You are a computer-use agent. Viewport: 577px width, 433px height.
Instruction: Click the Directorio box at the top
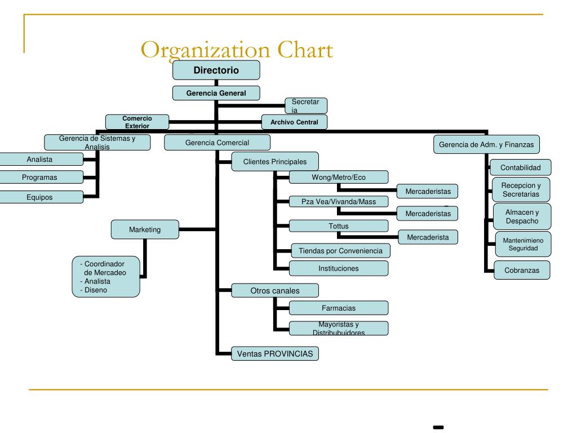[x=216, y=70]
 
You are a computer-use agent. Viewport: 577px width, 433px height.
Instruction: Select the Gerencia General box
[x=216, y=92]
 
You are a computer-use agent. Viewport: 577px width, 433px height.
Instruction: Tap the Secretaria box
[x=305, y=105]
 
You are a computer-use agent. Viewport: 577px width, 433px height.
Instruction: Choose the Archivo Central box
[x=294, y=122]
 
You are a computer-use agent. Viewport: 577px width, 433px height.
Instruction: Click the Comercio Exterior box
[x=137, y=122]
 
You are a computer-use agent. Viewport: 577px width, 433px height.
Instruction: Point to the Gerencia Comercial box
[x=217, y=143]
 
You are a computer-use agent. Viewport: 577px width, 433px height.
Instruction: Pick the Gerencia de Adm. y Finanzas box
[x=486, y=144]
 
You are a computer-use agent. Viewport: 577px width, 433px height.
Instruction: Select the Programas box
[x=39, y=178]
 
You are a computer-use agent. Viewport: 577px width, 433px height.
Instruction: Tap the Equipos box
[x=39, y=197]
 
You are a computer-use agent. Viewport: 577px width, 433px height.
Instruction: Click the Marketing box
[x=145, y=229]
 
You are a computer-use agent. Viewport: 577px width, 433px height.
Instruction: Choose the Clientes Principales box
[x=275, y=162]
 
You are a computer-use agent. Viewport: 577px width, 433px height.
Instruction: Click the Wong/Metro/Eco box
[x=339, y=177]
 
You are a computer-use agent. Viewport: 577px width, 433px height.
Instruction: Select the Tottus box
[x=339, y=226]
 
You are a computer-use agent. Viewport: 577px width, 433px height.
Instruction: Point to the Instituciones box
[x=339, y=268]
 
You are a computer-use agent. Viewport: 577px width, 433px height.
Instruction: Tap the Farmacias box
[x=339, y=308]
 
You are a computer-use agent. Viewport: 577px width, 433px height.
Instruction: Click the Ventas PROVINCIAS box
[x=275, y=354]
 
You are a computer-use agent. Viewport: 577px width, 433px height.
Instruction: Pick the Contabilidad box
[x=520, y=167]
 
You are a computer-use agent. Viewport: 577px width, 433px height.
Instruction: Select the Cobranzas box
[x=522, y=270]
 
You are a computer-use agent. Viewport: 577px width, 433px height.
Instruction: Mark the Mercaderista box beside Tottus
[x=428, y=237]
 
